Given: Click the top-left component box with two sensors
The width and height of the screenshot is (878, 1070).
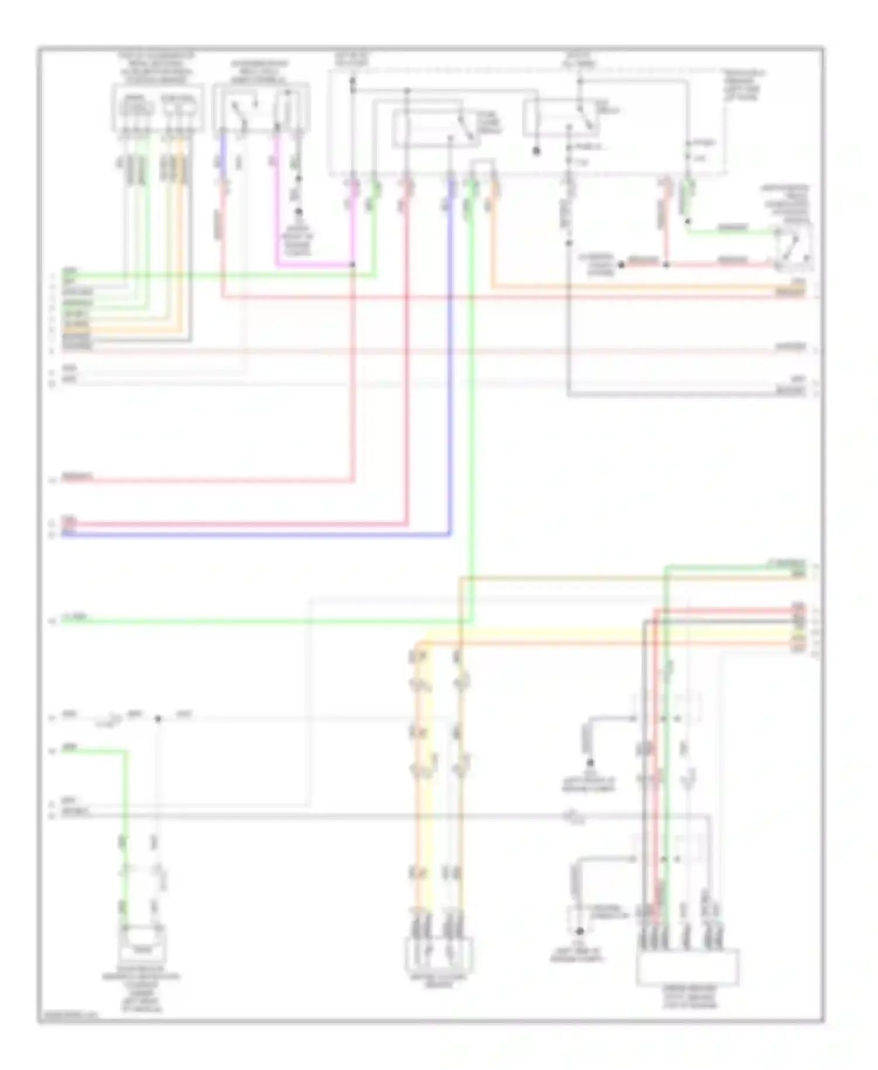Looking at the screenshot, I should tap(158, 108).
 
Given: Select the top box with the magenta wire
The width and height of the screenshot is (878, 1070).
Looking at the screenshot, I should tap(260, 108).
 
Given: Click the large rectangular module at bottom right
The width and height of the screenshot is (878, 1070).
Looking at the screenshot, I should tap(687, 968).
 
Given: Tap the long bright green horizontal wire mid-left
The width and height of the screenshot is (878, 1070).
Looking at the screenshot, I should tap(263, 622).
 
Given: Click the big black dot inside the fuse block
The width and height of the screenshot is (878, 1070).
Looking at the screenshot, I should tap(536, 151).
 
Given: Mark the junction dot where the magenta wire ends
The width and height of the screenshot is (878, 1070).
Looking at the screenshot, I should tap(352, 265).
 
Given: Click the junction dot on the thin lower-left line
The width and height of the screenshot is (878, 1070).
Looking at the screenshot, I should tap(157, 719).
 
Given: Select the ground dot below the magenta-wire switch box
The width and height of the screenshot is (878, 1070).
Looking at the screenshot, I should tap(298, 212).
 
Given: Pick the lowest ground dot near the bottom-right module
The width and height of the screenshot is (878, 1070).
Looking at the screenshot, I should tap(579, 931).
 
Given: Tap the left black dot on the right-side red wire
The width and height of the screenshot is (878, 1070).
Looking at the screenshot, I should tap(622, 265).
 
